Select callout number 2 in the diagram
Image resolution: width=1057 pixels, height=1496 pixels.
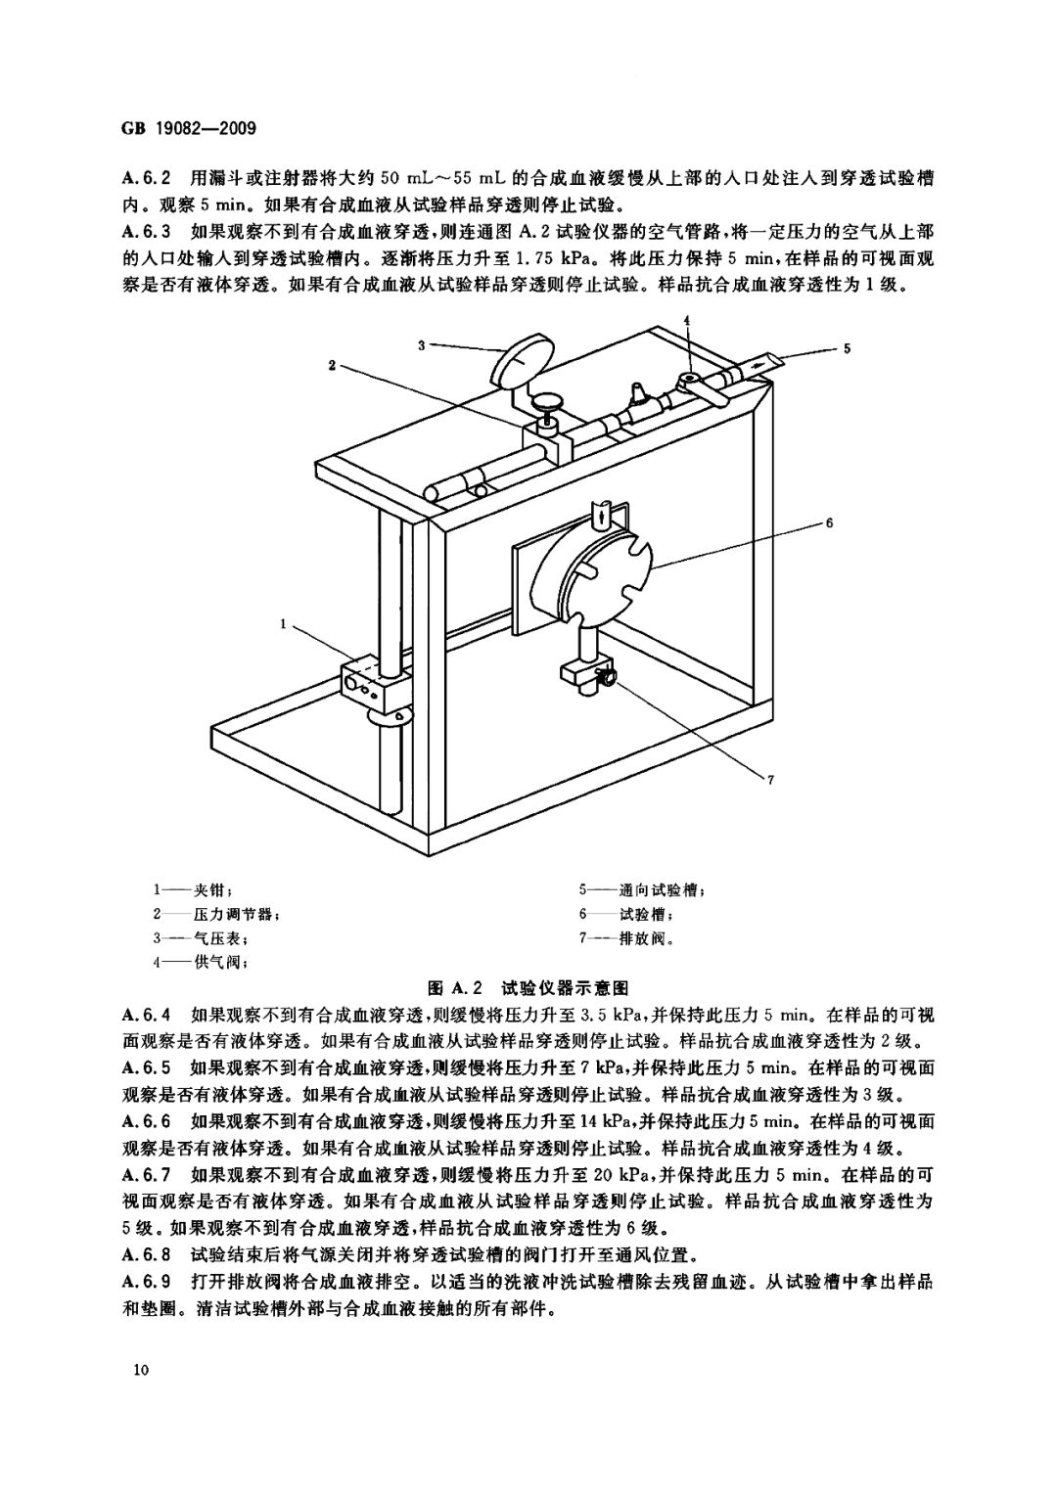click(x=333, y=365)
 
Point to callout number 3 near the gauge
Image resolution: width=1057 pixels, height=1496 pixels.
click(x=422, y=343)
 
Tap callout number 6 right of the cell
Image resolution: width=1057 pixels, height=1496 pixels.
click(x=828, y=523)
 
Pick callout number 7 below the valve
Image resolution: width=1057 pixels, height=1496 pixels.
click(x=771, y=780)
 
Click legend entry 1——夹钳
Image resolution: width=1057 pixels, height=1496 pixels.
click(x=192, y=891)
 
